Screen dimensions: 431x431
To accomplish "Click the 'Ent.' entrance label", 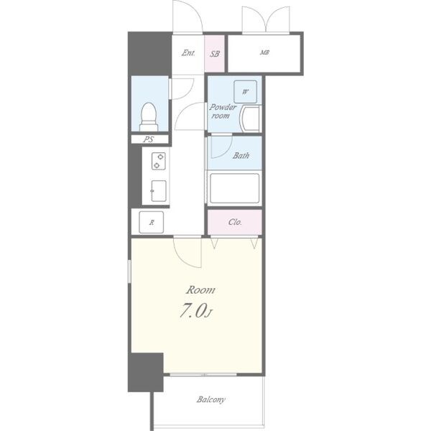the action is [x=188, y=52].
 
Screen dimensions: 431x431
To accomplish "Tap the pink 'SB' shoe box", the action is [x=215, y=54].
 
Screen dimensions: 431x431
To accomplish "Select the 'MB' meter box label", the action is [x=264, y=52].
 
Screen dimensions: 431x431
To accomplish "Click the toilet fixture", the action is [x=149, y=117].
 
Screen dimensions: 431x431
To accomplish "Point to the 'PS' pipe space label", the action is [x=149, y=139].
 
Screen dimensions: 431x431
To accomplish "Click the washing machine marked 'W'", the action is [x=245, y=91].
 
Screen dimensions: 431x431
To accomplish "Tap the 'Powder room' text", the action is [x=223, y=111].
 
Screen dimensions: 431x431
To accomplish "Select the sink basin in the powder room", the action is [x=250, y=119].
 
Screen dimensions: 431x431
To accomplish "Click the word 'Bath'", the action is [x=241, y=156].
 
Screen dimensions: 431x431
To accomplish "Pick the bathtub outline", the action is [x=234, y=188].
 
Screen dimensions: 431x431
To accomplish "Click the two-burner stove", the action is [x=159, y=161].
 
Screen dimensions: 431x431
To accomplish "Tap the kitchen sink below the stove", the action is [x=159, y=191].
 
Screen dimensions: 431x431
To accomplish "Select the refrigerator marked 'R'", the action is [x=151, y=222].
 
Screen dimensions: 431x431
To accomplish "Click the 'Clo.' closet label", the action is [x=235, y=222].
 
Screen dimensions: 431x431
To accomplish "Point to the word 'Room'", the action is [x=200, y=290].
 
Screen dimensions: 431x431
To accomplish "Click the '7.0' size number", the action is [x=193, y=311].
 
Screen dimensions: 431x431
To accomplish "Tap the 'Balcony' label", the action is [x=210, y=399].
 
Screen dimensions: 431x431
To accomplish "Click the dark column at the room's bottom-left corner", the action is [x=146, y=372].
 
